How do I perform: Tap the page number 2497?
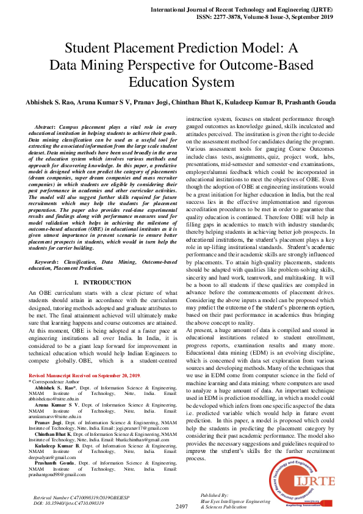pyautogui.click(x=181, y=507)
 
